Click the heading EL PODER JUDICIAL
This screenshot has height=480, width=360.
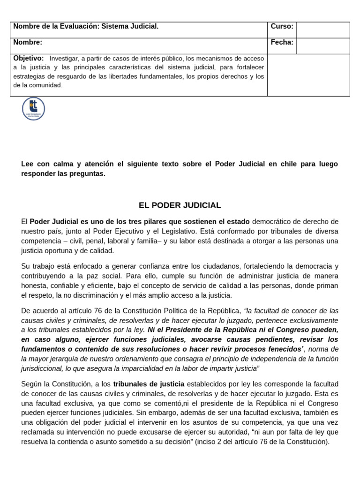point(180,205)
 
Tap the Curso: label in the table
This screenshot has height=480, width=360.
point(282,27)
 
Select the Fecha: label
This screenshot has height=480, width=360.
point(282,43)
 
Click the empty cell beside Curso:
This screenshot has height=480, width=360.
point(322,30)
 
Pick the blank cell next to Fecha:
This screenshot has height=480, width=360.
point(322,46)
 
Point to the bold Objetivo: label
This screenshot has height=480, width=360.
point(29,58)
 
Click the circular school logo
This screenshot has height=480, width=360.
point(33,109)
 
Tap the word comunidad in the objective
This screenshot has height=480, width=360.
point(45,85)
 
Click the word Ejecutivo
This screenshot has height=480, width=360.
point(135,231)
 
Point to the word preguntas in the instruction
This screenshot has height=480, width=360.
point(90,173)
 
